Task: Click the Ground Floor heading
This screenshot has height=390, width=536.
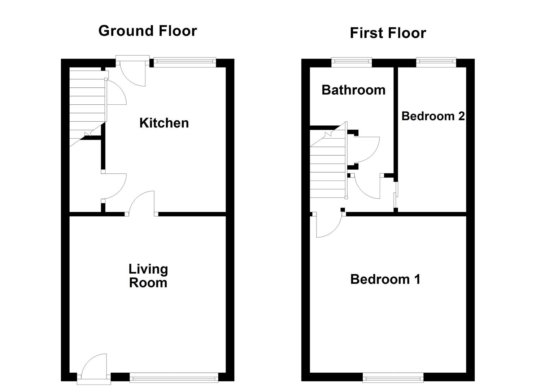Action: (x=148, y=31)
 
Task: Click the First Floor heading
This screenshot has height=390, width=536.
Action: (x=388, y=33)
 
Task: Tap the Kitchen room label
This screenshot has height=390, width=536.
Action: (x=164, y=123)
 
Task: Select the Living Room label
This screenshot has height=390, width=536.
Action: (x=148, y=276)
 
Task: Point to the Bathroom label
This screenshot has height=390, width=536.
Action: (x=353, y=90)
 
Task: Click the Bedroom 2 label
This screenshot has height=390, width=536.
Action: (x=433, y=116)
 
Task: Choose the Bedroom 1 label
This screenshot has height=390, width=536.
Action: (x=385, y=279)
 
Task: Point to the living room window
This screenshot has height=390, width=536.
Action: (x=174, y=378)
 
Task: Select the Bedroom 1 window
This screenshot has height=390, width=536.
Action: (x=393, y=378)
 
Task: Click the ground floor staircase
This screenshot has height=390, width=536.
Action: (x=87, y=105)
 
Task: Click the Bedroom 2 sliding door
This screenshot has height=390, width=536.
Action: (x=396, y=195)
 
